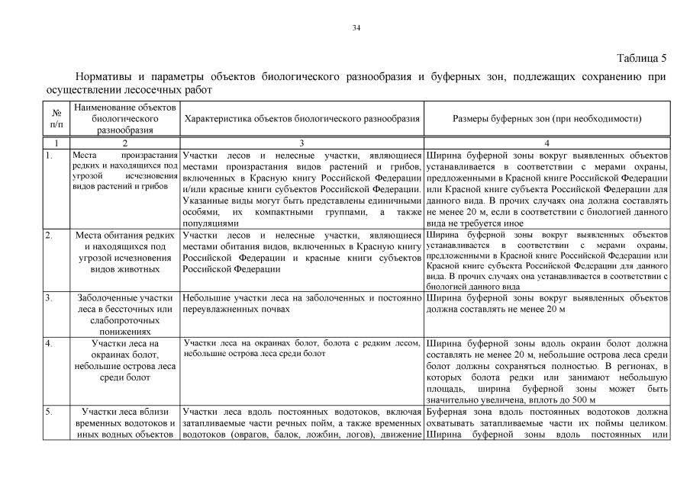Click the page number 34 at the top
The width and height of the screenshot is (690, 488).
356,28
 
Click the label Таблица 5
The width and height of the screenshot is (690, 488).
641,58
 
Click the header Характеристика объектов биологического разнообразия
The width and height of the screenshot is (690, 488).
302,119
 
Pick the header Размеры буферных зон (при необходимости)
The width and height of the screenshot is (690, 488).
547,119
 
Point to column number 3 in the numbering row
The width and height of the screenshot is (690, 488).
301,143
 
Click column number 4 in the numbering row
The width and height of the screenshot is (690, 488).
547,143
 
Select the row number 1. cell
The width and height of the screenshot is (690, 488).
49,155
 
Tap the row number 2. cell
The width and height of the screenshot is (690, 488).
49,235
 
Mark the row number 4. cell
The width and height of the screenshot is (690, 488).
49,344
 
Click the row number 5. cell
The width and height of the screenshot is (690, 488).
49,413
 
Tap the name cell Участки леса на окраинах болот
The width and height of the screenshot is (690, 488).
124,360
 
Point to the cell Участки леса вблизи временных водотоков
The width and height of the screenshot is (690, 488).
124,423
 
